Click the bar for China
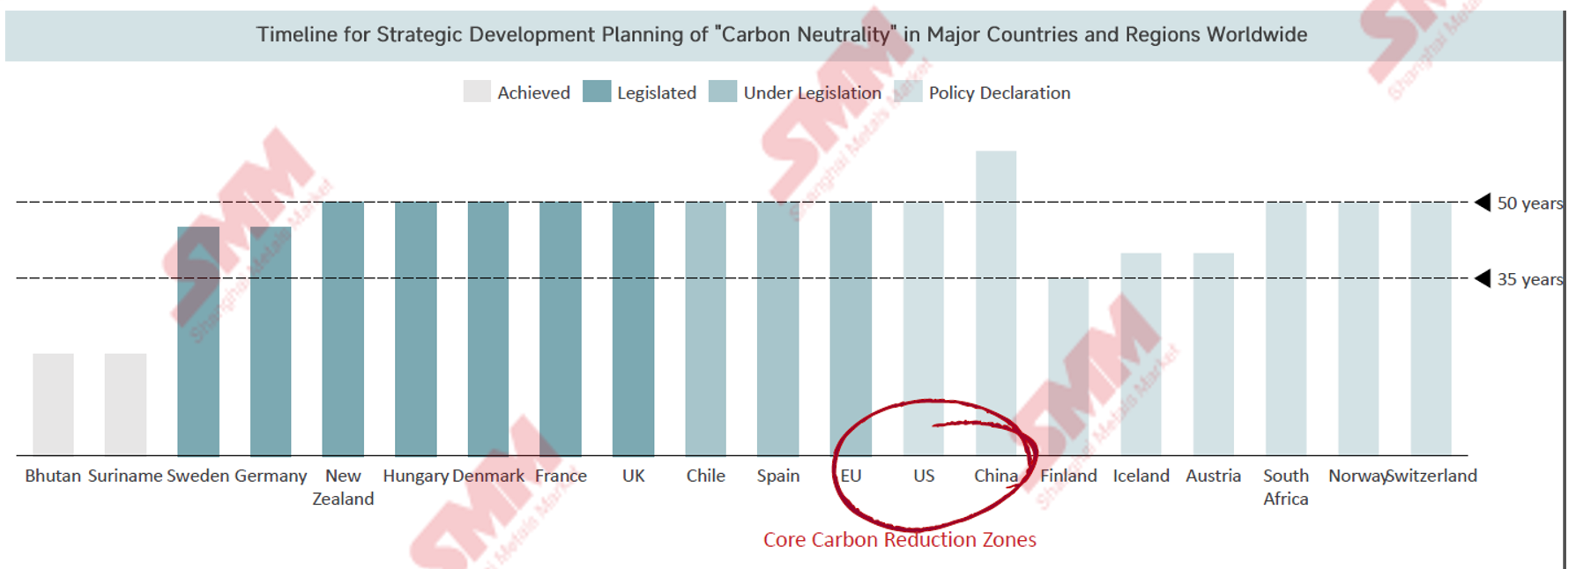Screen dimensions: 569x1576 click(x=996, y=303)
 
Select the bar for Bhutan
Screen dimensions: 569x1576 click(x=53, y=404)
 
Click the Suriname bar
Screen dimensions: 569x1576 click(x=125, y=404)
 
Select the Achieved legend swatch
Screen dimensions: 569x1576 click(x=477, y=92)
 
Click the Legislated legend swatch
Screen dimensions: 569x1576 click(x=597, y=92)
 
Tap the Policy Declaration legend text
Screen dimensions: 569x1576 click(x=1000, y=92)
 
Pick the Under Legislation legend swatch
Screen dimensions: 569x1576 click(x=723, y=92)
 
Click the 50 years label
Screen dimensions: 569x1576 click(x=1529, y=203)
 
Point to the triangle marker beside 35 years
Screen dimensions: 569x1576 click(x=1483, y=278)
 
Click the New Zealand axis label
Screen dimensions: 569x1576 click(x=343, y=487)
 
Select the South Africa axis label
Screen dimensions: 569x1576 click(x=1286, y=487)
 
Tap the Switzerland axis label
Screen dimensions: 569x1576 click(x=1431, y=476)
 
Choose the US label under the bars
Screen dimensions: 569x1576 click(x=924, y=476)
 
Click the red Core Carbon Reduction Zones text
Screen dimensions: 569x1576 click(x=899, y=539)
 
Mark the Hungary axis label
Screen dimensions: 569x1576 click(x=416, y=476)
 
